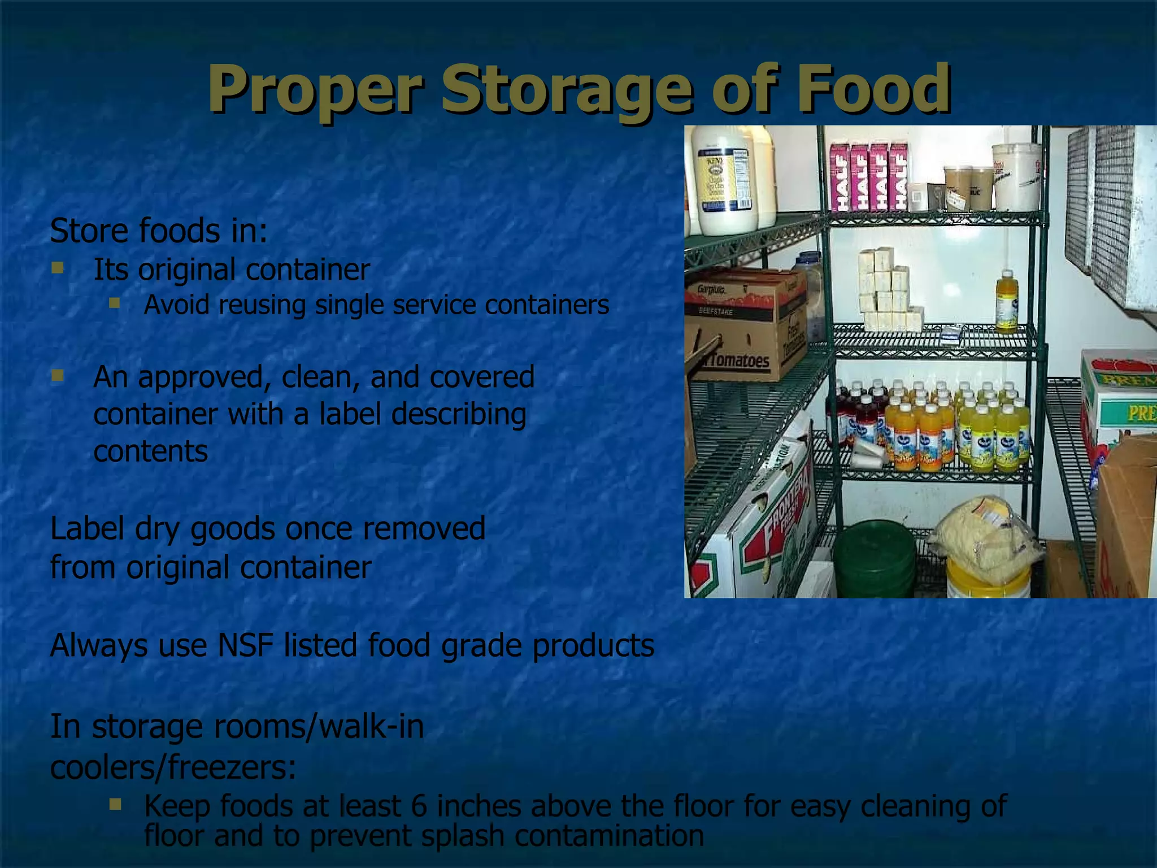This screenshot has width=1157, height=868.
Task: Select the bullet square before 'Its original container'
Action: (x=57, y=267)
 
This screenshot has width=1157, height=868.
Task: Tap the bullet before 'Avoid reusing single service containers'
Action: (x=115, y=303)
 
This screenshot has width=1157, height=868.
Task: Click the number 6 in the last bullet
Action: (x=419, y=806)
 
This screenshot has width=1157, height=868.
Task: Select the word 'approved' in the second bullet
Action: (x=199, y=377)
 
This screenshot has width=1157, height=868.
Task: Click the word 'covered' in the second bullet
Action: (x=481, y=377)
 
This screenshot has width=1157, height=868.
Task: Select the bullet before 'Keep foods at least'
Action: (x=115, y=804)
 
